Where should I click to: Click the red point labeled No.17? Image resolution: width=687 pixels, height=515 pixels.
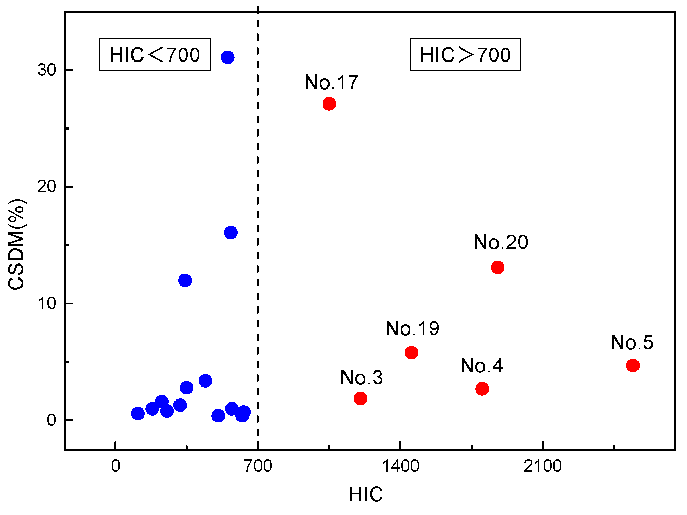[329, 104]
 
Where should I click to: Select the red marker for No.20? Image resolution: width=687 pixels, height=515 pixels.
[497, 267]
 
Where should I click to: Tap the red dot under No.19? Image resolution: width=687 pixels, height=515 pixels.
[411, 352]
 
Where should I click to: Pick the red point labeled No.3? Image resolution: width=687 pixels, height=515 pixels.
[360, 398]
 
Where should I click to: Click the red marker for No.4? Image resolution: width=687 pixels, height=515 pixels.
[482, 389]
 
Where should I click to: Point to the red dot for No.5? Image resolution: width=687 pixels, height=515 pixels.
[633, 365]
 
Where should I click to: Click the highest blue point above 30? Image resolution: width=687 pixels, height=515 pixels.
[227, 57]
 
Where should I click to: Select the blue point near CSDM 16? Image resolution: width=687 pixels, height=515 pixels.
[231, 232]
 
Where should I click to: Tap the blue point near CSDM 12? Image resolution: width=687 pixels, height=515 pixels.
[185, 280]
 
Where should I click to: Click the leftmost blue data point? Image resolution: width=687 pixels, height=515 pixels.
[138, 414]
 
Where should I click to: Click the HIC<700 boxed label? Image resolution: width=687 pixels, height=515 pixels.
[155, 55]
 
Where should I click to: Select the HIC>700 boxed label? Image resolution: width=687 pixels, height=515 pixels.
[465, 55]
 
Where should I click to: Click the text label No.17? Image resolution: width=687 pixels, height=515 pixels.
[331, 82]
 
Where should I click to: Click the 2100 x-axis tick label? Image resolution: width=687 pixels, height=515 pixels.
[543, 466]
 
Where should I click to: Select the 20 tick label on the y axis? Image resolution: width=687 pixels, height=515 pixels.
[47, 187]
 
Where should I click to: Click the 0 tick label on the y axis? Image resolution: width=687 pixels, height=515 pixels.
[52, 420]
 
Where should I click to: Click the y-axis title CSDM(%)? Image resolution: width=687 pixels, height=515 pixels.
[16, 244]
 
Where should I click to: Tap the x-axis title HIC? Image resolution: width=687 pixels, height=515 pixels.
[366, 494]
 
